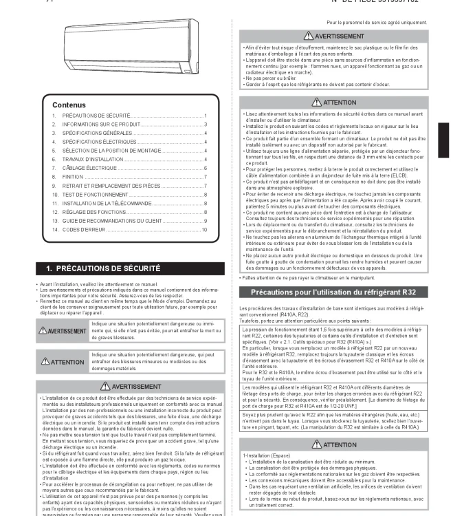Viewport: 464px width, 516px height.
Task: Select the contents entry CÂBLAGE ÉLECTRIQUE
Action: click(x=89, y=168)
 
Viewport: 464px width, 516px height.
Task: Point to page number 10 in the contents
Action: click(x=204, y=230)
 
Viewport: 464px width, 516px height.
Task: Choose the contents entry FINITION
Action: click(x=72, y=177)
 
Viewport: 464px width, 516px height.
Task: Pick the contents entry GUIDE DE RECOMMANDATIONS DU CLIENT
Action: click(x=112, y=221)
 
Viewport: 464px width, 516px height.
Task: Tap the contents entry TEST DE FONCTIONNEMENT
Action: click(x=96, y=195)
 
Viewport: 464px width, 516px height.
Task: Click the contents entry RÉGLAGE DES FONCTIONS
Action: click(x=93, y=212)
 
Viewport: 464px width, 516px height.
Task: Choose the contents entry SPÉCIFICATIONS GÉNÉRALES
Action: click(x=97, y=133)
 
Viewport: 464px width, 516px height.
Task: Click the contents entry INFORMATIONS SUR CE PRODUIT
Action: click(x=101, y=124)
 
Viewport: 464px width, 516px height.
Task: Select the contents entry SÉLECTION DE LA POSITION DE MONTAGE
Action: click(x=111, y=150)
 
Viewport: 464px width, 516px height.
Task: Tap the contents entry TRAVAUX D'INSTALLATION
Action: click(x=93, y=159)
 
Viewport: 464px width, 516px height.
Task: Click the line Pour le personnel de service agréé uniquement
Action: click(x=377, y=22)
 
